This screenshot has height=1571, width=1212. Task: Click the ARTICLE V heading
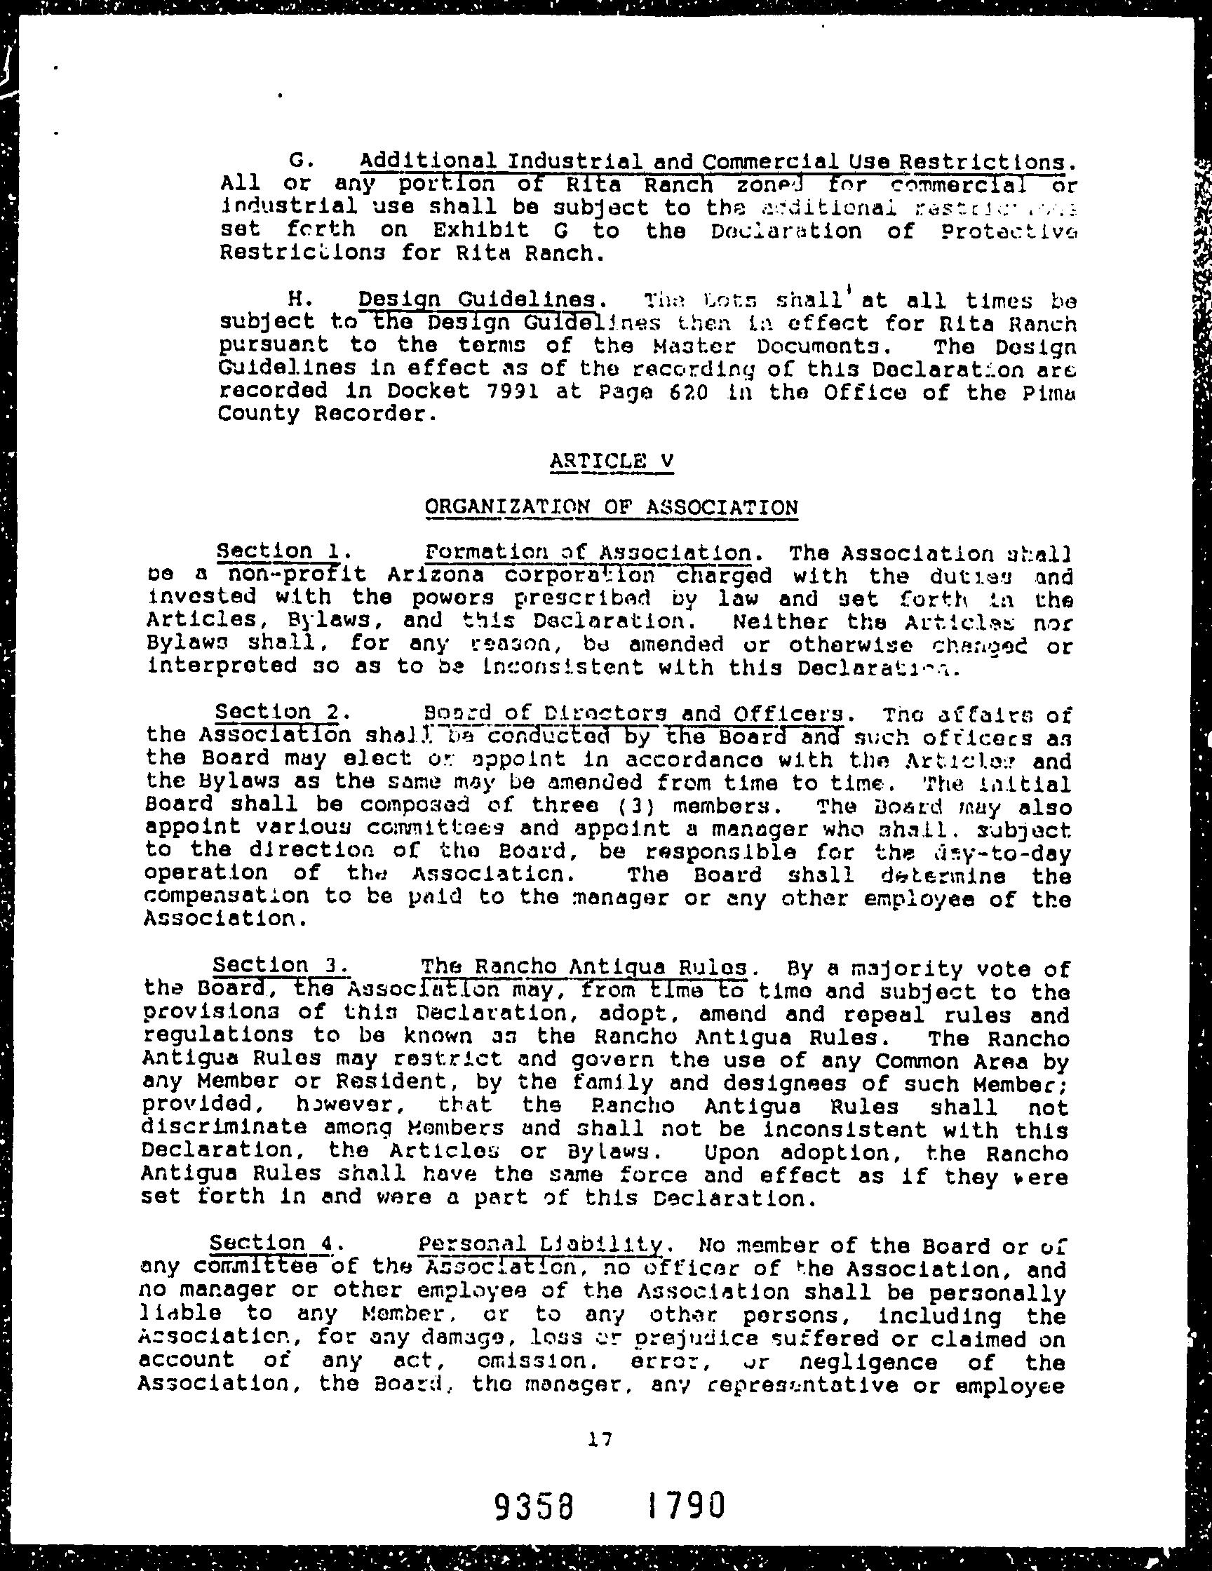pyautogui.click(x=612, y=460)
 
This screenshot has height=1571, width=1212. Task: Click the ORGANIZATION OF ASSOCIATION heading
pyautogui.click(x=612, y=507)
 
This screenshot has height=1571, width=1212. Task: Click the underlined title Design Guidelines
pyautogui.click(x=477, y=299)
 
